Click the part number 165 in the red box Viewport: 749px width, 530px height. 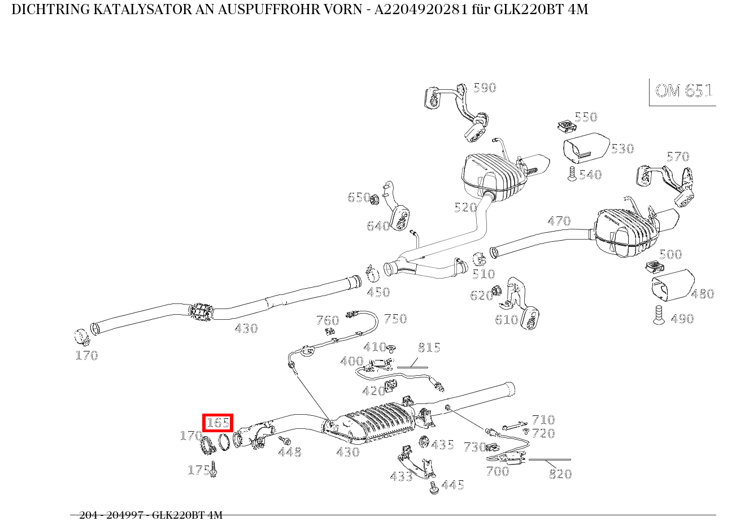click(x=217, y=423)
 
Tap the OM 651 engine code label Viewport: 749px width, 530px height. click(x=683, y=91)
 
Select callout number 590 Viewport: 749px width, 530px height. click(x=484, y=88)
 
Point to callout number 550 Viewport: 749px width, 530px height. click(x=585, y=117)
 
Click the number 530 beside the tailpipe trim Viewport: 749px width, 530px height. click(x=622, y=149)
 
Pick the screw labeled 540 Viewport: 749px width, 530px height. click(x=572, y=174)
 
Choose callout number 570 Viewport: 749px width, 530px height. click(x=677, y=157)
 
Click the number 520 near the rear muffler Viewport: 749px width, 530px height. click(x=465, y=207)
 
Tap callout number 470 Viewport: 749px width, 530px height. click(x=559, y=221)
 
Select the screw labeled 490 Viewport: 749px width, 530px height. click(x=659, y=315)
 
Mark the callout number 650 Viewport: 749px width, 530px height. click(x=359, y=197)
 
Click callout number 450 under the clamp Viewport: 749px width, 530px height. click(x=378, y=292)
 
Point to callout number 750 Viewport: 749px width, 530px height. click(x=395, y=319)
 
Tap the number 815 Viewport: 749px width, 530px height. click(x=429, y=347)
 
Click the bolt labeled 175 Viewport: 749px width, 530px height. click(x=214, y=470)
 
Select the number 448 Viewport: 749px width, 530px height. click(x=289, y=452)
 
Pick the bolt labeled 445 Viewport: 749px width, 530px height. click(x=434, y=488)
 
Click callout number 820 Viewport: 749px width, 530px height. click(x=560, y=474)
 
